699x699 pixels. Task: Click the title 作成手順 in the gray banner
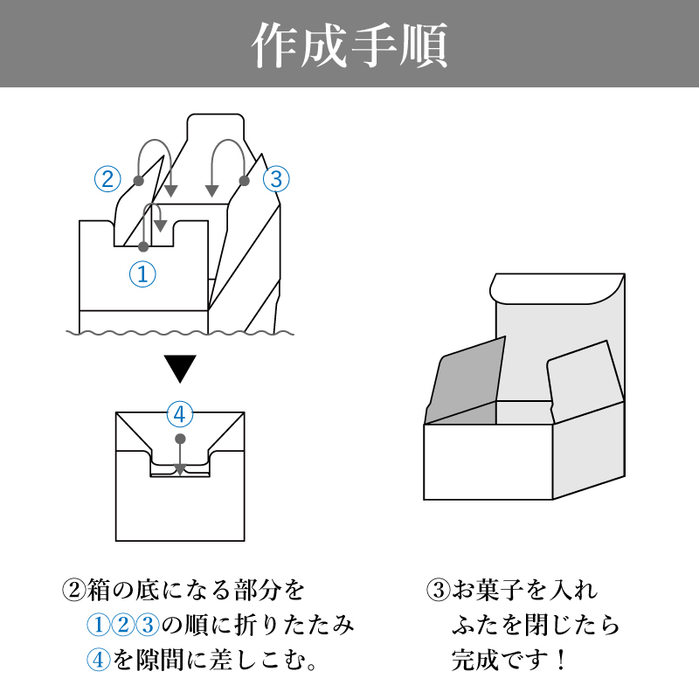click(349, 44)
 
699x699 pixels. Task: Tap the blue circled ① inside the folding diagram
click(142, 274)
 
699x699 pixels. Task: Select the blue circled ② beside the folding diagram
click(107, 179)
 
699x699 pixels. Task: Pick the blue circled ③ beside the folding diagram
click(275, 179)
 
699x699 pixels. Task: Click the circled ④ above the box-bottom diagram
click(179, 412)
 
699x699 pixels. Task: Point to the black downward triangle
click(181, 369)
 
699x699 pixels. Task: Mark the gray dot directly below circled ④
click(180, 437)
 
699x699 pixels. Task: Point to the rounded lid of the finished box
click(559, 287)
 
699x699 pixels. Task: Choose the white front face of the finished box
click(488, 462)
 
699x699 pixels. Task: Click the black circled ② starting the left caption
click(73, 590)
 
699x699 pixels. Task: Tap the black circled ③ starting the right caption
click(438, 590)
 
